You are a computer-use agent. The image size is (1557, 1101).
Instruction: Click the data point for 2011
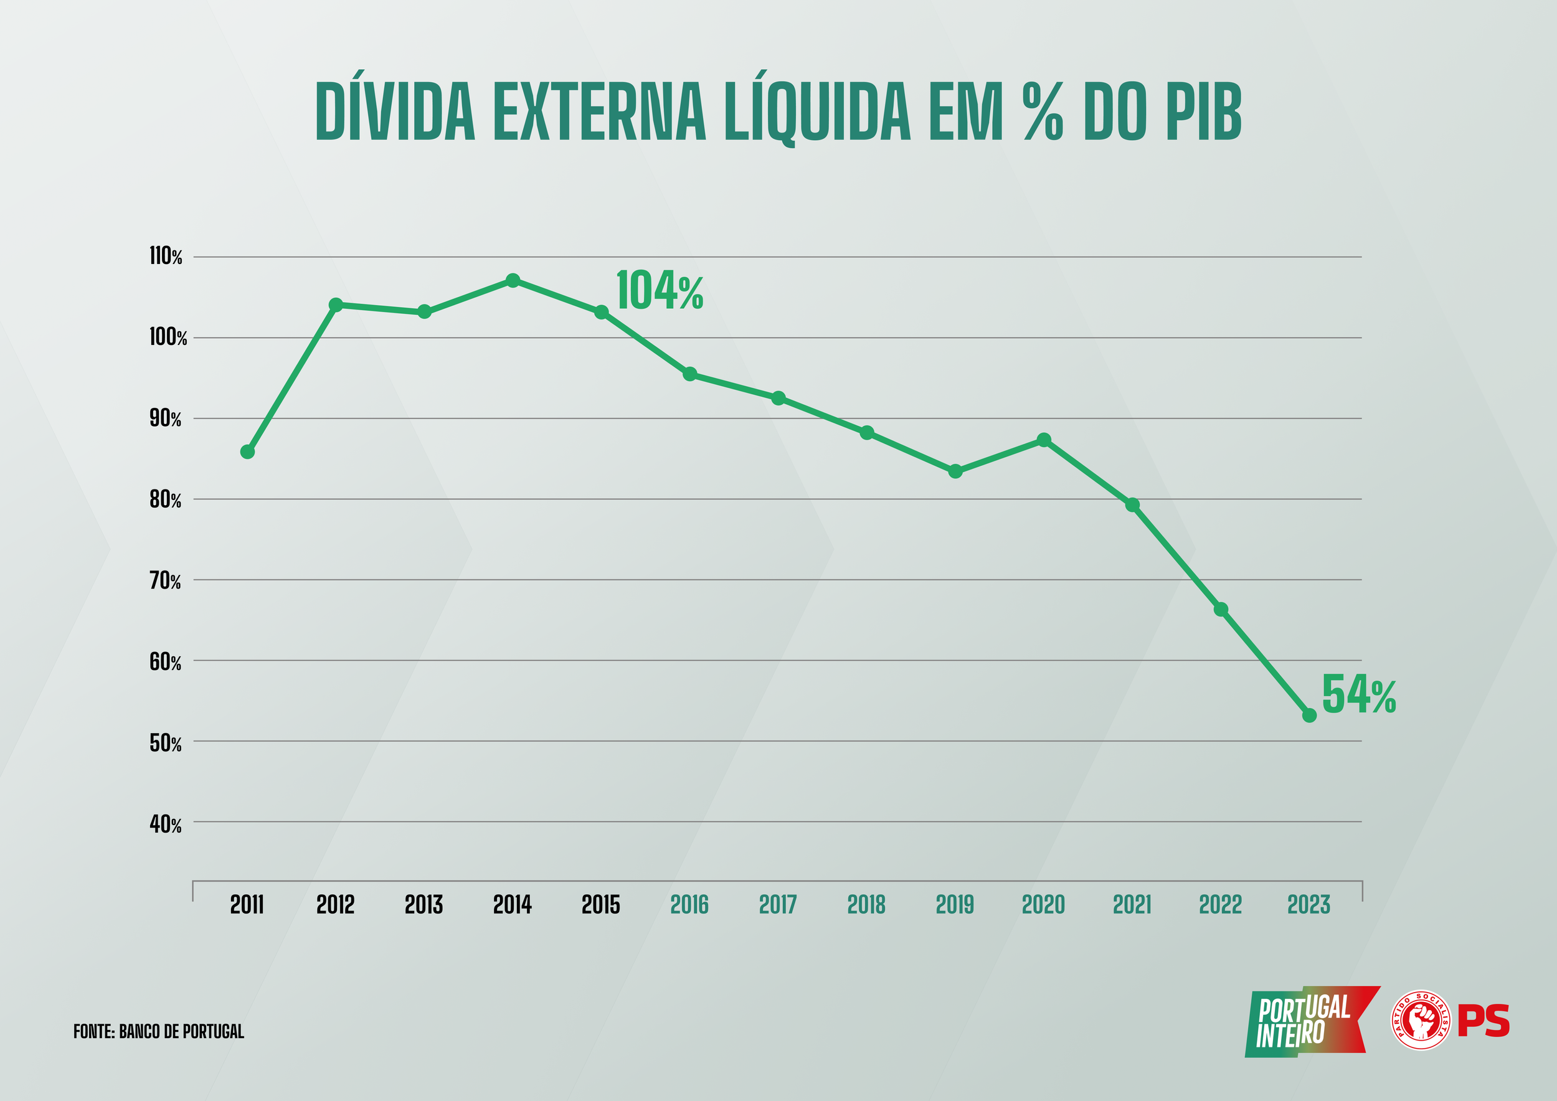247,451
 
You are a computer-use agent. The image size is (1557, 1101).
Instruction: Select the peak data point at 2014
513,281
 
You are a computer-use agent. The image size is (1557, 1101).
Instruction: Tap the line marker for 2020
1044,440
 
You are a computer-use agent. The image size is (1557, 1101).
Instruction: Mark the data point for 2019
955,471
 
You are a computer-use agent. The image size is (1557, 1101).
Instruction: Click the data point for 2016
689,374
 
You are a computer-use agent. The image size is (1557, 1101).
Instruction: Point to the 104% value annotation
659,291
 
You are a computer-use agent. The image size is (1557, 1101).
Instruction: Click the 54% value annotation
1358,695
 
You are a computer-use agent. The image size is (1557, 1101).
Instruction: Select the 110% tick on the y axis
166,257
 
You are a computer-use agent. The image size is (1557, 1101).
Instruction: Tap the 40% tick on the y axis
166,825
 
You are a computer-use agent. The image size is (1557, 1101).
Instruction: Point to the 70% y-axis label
166,581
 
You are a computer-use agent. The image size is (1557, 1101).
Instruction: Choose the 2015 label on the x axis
601,904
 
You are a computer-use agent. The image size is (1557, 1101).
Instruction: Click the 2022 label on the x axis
1220,904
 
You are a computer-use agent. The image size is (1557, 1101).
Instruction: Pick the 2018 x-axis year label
866,904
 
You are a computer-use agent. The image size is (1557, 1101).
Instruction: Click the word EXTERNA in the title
600,113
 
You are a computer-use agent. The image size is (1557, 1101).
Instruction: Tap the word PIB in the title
1203,113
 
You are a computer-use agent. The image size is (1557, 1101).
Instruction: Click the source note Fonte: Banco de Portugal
159,1031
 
